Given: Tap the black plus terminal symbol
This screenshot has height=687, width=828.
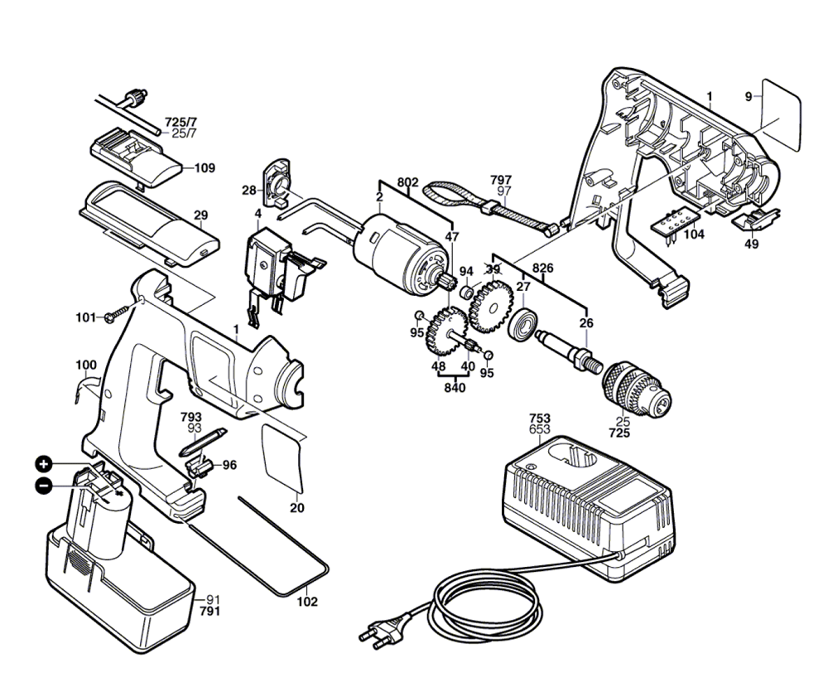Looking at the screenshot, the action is pos(44,465).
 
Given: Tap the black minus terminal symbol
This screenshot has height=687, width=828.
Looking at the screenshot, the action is pos(44,485).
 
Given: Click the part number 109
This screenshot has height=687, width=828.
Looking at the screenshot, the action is pos(205,168).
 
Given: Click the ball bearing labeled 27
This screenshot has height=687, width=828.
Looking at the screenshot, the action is pos(523,325).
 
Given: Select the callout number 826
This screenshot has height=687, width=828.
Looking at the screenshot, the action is pos(543,268).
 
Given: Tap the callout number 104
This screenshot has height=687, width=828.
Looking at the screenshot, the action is pos(694,234).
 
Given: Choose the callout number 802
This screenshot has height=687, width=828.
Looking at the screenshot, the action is pos(407,182).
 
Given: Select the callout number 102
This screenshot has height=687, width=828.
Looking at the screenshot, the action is pos(307,602).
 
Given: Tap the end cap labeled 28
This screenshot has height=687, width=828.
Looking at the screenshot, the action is pos(277,182).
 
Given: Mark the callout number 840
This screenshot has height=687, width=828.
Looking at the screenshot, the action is pos(455,388).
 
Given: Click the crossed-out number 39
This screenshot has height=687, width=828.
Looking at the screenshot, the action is pos(493,269).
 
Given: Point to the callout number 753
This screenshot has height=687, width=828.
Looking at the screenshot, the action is pos(539,418).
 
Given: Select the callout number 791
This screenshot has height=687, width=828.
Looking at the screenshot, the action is pos(209,612).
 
